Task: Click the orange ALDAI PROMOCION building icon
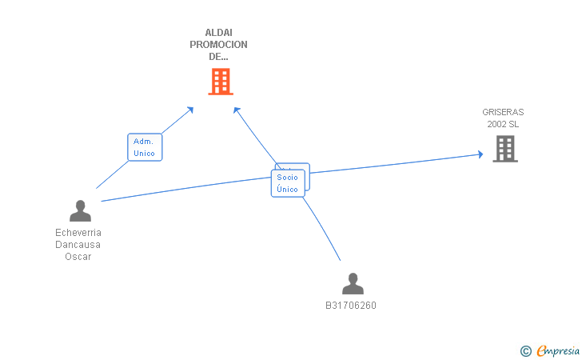point(221,81)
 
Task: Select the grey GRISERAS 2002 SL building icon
point(504,148)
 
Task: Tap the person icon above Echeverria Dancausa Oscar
point(80,210)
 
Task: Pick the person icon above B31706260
point(352,283)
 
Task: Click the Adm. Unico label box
point(145,147)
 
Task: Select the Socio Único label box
point(287,183)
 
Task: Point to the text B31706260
point(350,306)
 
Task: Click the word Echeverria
point(78,233)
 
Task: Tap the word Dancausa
point(78,245)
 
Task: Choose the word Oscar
point(78,257)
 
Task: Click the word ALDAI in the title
point(218,33)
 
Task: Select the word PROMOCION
point(218,45)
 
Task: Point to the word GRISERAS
point(503,112)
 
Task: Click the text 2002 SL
point(503,124)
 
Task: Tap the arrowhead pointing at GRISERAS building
point(480,154)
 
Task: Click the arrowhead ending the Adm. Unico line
point(190,110)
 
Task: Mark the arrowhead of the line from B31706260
point(237,110)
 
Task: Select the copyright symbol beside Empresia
point(525,350)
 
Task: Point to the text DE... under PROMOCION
point(218,57)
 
